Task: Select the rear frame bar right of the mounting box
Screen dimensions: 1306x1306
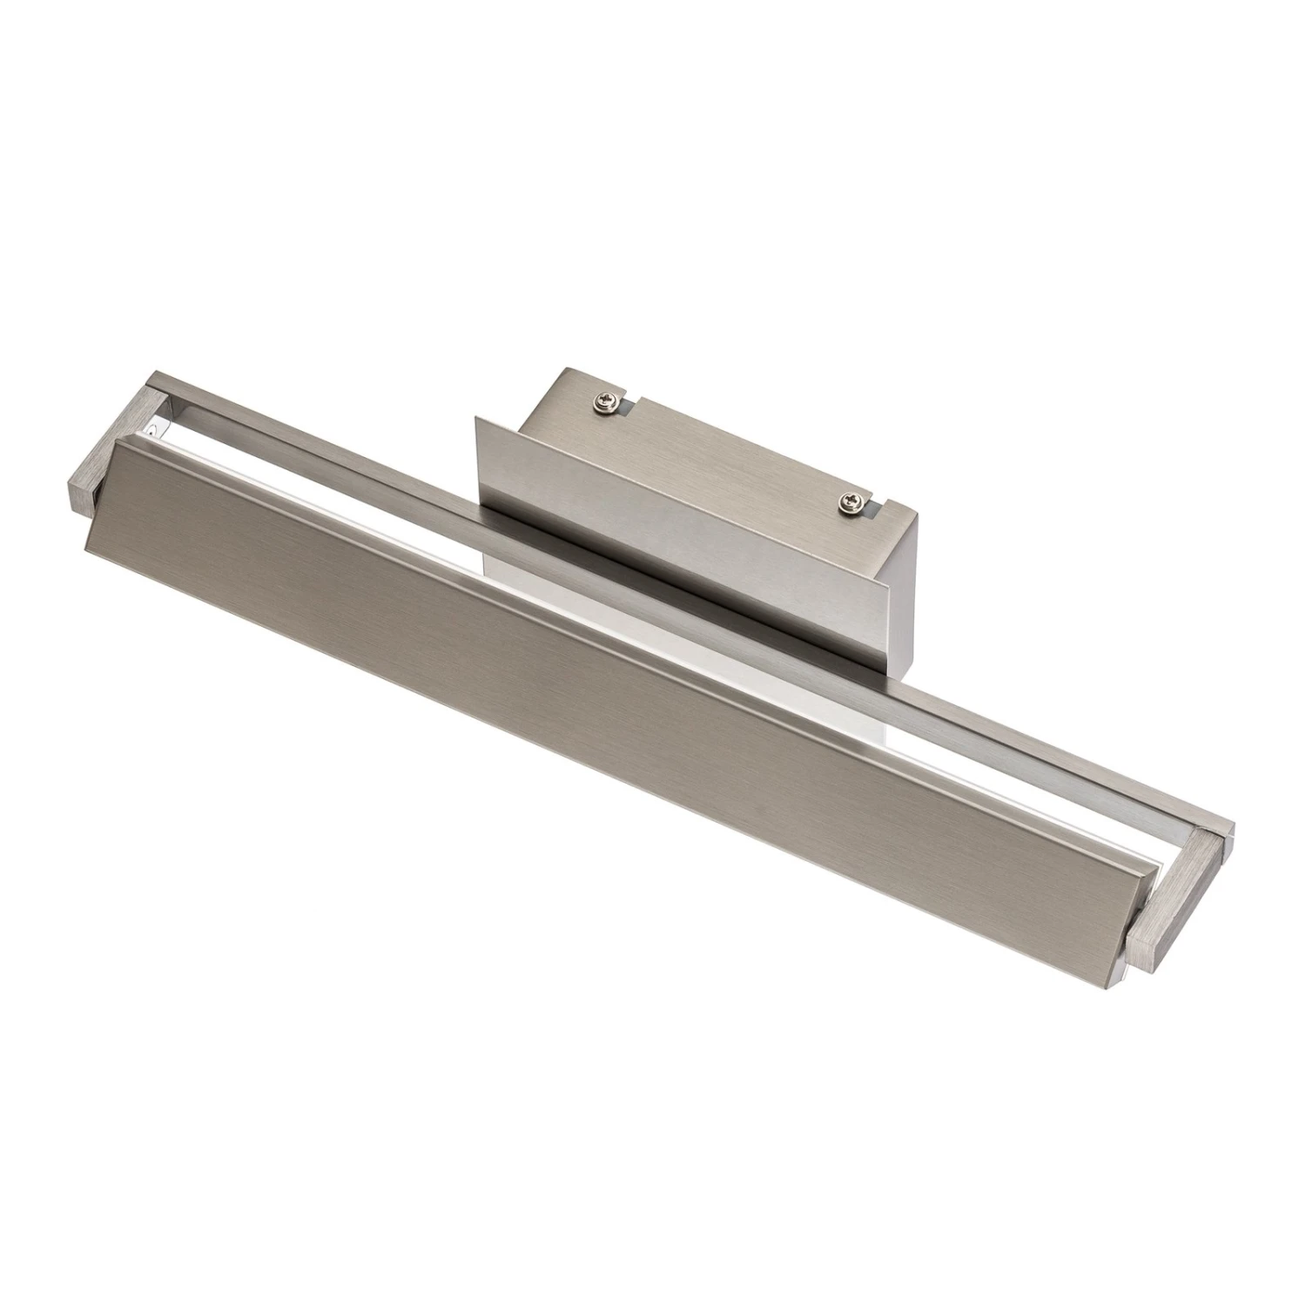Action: click(1045, 749)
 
